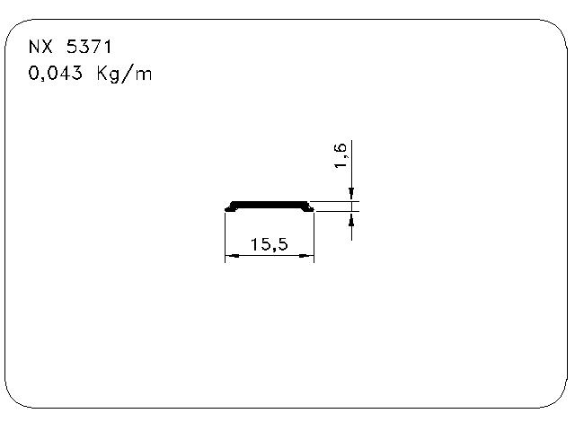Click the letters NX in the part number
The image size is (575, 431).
(40, 47)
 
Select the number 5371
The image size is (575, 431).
(89, 47)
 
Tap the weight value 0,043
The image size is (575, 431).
(55, 73)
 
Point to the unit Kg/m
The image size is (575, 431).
(124, 74)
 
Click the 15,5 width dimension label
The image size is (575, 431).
(269, 244)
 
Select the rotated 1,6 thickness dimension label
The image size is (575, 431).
(341, 155)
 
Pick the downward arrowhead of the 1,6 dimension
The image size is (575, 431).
(351, 194)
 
